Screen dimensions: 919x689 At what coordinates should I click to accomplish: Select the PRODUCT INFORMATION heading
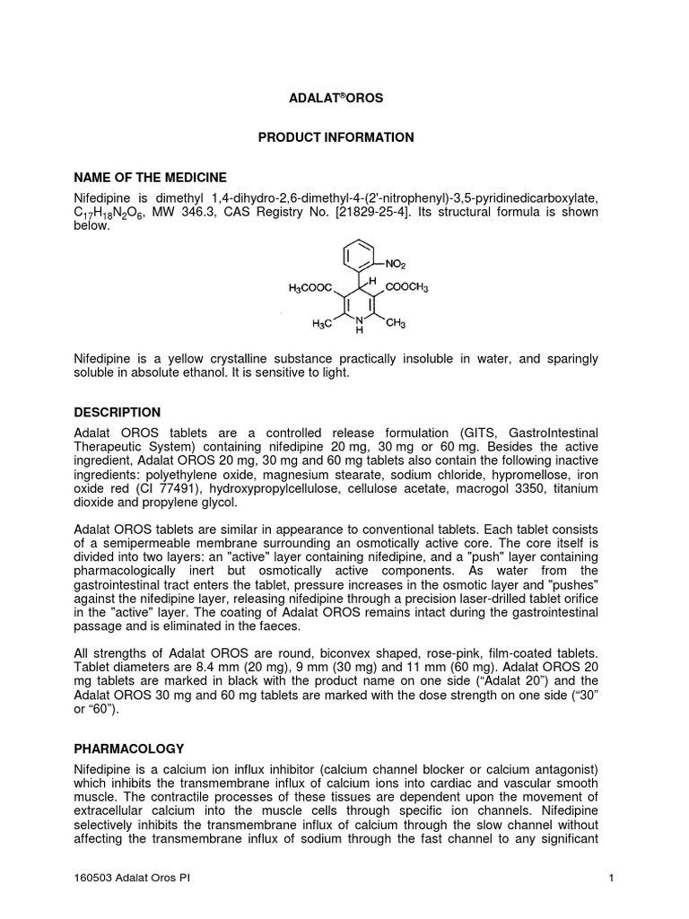tap(336, 137)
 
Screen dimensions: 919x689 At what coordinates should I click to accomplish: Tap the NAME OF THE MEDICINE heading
tap(150, 177)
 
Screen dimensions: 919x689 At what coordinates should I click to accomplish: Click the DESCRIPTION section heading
tap(117, 412)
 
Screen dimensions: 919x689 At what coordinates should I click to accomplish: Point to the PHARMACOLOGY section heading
tap(128, 748)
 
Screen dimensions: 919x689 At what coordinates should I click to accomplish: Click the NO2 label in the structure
tap(397, 265)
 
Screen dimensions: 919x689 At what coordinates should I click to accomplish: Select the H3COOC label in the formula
tap(310, 288)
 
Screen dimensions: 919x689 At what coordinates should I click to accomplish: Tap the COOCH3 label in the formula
tap(407, 288)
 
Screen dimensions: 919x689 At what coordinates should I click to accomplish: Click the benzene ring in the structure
tap(362, 255)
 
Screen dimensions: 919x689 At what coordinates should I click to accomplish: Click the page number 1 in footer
tap(610, 879)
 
